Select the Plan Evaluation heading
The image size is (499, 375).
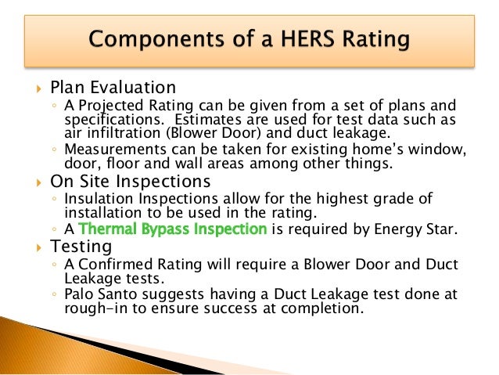tap(113, 87)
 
